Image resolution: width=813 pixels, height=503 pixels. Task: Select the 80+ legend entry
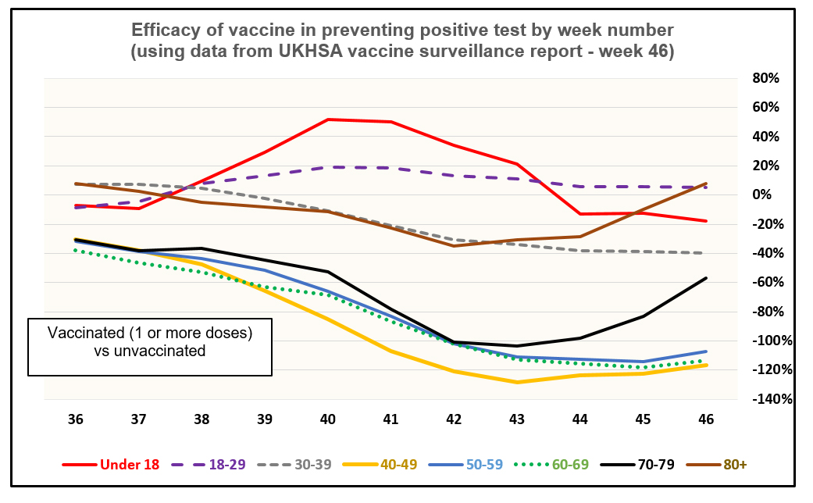click(x=734, y=464)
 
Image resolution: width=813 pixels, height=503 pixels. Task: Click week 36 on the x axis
click(x=75, y=419)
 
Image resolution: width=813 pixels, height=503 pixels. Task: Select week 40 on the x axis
click(x=328, y=419)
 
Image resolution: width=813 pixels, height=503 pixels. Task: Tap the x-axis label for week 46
click(x=706, y=419)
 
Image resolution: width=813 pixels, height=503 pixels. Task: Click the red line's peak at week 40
click(x=328, y=120)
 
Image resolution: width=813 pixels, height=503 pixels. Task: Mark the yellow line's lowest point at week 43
click(x=517, y=382)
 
